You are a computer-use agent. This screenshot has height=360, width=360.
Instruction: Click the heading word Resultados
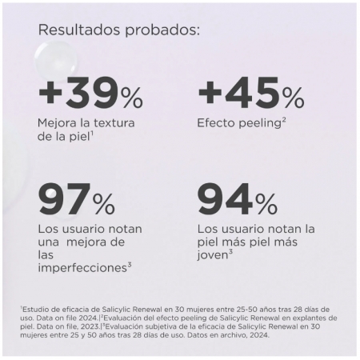79,30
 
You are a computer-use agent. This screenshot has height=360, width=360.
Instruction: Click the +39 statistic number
78,91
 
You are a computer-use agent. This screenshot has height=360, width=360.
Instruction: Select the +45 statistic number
238,91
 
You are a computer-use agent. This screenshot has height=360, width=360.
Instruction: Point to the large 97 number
63,198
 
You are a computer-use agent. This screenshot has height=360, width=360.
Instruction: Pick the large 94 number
225,198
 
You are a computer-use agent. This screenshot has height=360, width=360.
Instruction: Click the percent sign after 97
104,204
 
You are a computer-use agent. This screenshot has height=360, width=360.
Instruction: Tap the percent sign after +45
294,98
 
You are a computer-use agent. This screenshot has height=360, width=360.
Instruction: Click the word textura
114,123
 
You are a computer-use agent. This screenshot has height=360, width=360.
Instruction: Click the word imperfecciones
82,268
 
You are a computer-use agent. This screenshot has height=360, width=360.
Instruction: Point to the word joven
213,255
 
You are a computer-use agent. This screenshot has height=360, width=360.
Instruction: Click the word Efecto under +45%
216,123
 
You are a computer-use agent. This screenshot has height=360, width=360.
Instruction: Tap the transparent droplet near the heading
56,59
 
